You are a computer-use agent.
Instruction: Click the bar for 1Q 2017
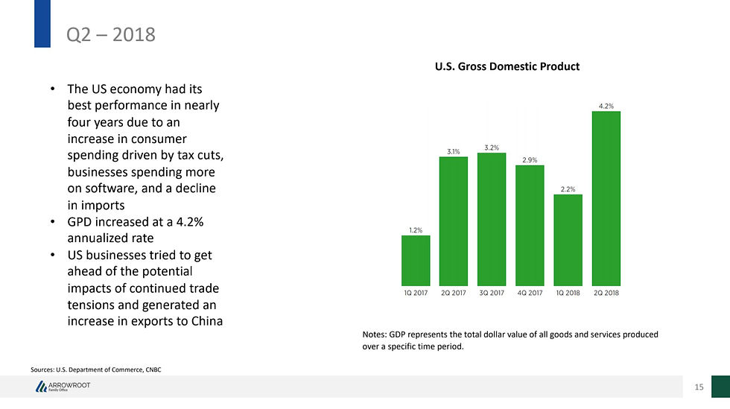click(415, 261)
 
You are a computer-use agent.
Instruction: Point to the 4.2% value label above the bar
click(606, 106)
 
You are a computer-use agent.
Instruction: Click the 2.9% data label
click(530, 159)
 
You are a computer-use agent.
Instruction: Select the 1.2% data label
click(415, 230)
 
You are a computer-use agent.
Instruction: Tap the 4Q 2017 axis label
click(530, 293)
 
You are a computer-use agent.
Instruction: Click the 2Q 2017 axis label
click(454, 293)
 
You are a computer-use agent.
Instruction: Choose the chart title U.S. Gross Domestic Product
click(507, 67)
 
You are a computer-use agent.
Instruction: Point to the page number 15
click(699, 387)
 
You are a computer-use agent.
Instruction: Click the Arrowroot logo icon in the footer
click(41, 387)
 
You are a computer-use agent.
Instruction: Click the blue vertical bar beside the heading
click(42, 22)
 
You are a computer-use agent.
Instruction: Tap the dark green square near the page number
click(720, 386)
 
